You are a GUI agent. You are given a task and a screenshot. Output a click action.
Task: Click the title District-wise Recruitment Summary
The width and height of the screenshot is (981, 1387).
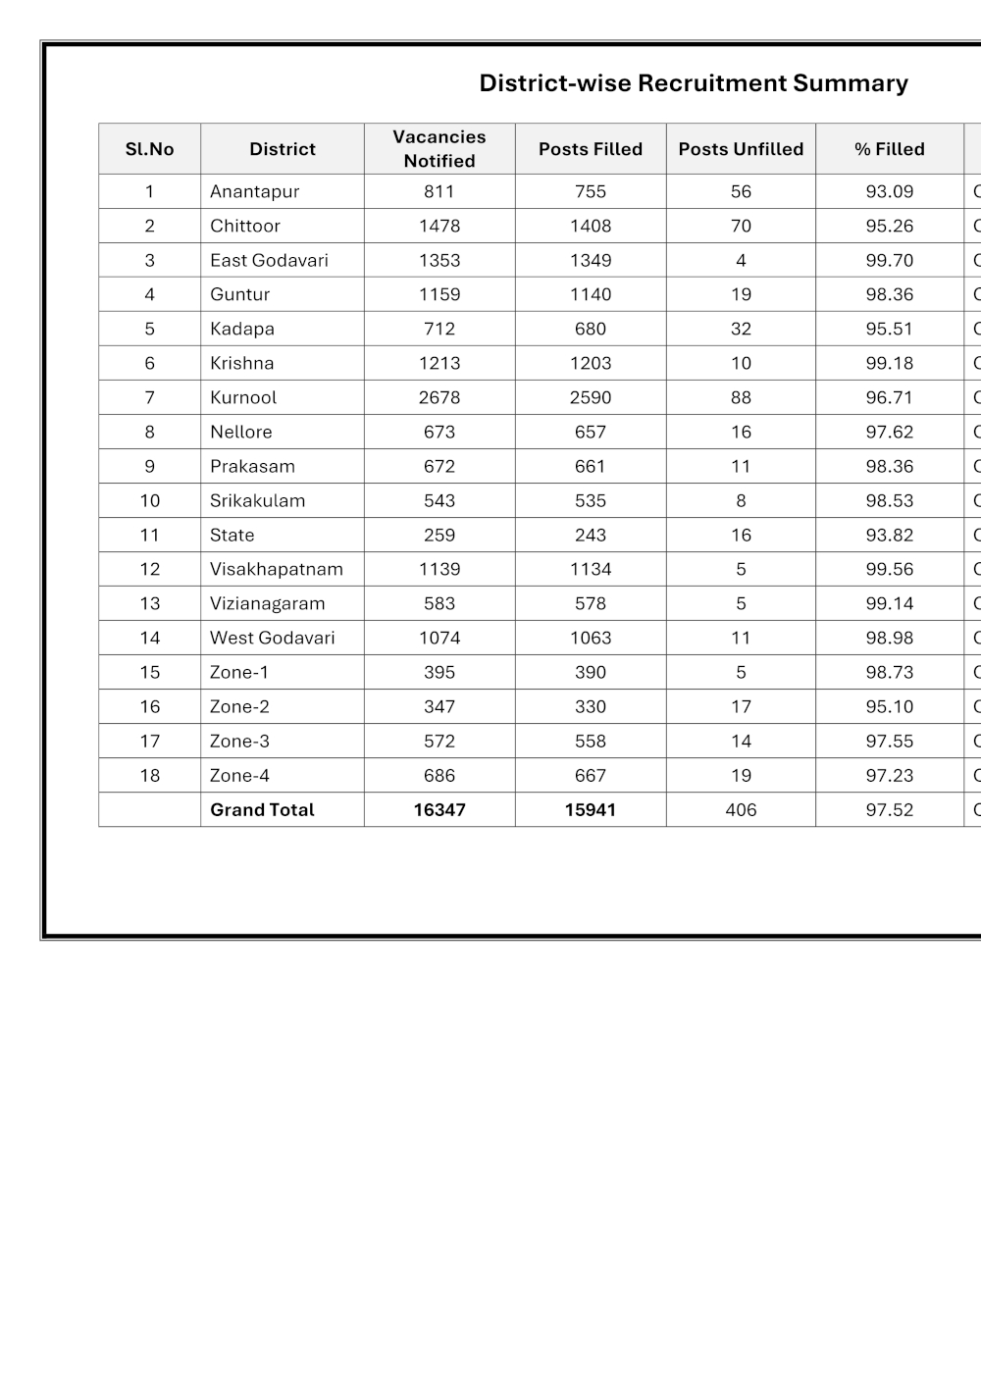694,83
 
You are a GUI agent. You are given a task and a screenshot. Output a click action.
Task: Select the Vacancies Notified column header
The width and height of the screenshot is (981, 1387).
439,149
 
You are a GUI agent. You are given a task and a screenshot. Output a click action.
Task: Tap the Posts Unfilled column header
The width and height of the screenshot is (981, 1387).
741,149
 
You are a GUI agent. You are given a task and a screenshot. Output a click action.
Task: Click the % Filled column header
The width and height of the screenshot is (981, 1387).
889,149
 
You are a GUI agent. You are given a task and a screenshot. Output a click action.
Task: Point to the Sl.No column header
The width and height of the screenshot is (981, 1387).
149,149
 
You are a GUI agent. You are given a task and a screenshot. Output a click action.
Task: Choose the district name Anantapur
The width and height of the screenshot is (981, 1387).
254,191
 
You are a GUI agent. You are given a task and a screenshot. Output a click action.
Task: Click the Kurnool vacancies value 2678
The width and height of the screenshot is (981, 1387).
439,397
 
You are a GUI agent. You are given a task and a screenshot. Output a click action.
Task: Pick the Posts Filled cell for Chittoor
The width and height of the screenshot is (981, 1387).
591,226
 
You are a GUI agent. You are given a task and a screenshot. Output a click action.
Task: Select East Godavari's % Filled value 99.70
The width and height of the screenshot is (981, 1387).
889,260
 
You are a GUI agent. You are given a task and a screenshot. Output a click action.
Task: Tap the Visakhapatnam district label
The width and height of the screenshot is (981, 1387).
276,569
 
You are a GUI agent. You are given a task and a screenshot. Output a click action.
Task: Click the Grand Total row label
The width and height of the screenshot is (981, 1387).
262,809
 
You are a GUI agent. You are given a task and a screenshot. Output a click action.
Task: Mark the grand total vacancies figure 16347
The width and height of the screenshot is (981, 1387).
439,809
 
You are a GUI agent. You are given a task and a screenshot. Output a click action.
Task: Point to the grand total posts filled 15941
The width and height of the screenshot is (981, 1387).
591,809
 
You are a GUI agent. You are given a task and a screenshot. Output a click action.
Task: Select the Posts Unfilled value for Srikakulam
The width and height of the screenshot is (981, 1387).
741,500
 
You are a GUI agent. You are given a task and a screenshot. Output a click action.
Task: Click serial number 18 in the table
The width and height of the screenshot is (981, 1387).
149,775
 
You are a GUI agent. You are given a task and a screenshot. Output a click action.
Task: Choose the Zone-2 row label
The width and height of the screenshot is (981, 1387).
239,706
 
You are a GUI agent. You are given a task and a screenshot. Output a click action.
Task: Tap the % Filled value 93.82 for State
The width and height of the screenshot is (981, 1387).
889,535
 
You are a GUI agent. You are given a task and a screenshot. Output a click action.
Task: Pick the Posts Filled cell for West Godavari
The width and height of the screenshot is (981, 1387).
591,638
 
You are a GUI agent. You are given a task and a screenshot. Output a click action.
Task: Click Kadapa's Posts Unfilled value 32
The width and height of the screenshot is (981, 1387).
741,329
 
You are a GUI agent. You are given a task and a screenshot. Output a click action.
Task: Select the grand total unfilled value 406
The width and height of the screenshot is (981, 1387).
741,809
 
